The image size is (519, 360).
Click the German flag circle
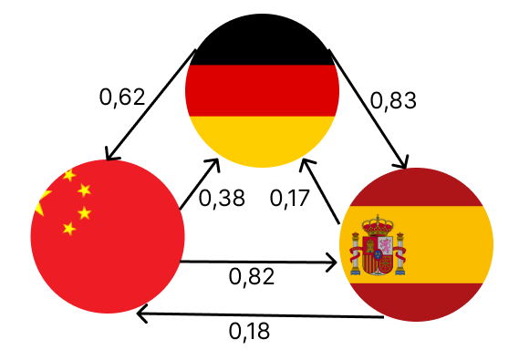click(x=262, y=91)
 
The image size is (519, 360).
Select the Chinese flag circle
click(x=108, y=236)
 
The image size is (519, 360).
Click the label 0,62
click(x=122, y=97)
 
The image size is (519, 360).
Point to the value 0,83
click(x=393, y=99)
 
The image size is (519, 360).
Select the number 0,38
click(x=222, y=197)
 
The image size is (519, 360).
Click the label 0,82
click(x=253, y=275)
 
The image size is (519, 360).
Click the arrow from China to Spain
click(x=260, y=263)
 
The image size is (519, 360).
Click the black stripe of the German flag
click(x=262, y=46)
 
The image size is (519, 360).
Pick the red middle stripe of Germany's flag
click(x=262, y=91)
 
